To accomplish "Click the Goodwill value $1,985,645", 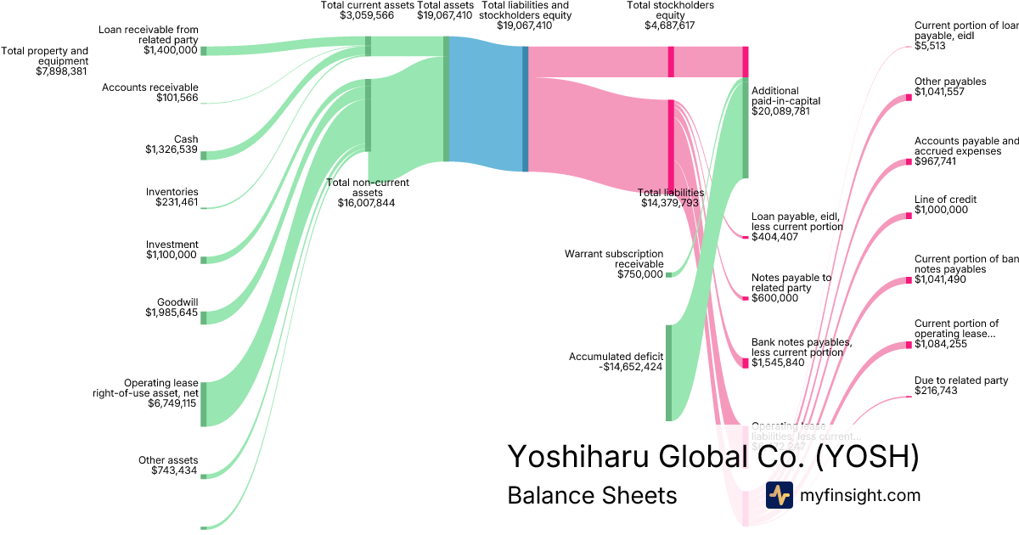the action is click(171, 313).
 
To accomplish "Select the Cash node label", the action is click(186, 139).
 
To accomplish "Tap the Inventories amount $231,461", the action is click(176, 202).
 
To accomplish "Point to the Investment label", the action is click(172, 245).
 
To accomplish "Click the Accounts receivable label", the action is click(149, 87).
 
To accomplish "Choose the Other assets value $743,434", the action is click(174, 470).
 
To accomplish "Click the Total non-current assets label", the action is click(368, 183).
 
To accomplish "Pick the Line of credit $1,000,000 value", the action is click(941, 210).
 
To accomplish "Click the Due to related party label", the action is click(960, 380).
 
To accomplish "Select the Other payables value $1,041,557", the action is click(940, 92).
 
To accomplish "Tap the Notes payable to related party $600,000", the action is click(774, 298).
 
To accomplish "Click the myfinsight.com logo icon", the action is click(779, 495).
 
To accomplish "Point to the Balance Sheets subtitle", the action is click(592, 495).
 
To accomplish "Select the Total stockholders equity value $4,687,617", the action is click(670, 25).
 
